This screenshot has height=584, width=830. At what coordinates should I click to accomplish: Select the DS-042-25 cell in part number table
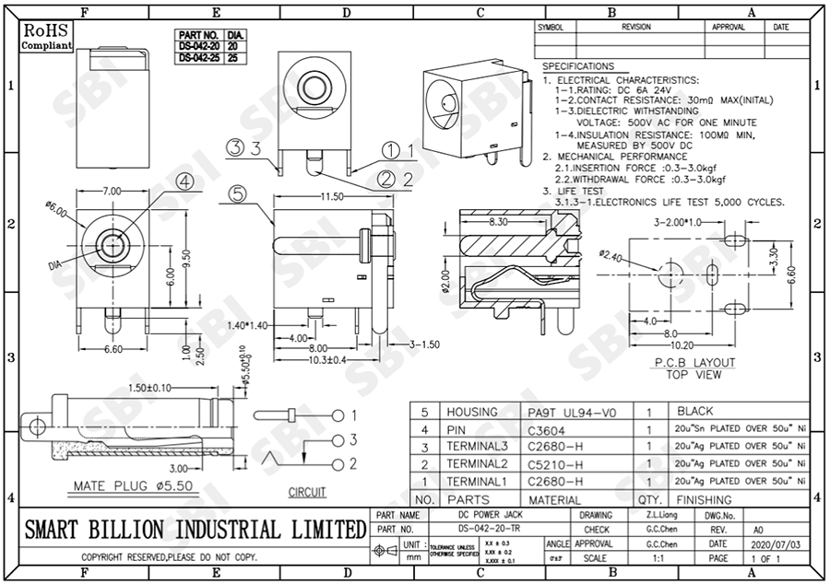click(199, 57)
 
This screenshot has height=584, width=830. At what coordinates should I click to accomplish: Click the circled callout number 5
click(237, 194)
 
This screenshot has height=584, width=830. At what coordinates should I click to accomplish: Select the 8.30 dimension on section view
click(500, 222)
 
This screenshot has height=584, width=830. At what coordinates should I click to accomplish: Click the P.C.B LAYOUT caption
click(694, 362)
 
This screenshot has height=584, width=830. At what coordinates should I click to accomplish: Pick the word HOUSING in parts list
click(471, 412)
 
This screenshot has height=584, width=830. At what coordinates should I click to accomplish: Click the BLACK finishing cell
click(694, 412)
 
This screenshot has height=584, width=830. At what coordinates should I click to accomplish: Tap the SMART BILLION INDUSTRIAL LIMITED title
click(195, 530)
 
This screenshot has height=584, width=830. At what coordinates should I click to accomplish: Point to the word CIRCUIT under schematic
click(306, 493)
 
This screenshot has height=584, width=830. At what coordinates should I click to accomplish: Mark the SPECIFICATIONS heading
click(578, 66)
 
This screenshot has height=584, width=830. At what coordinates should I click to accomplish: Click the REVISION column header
click(635, 28)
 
